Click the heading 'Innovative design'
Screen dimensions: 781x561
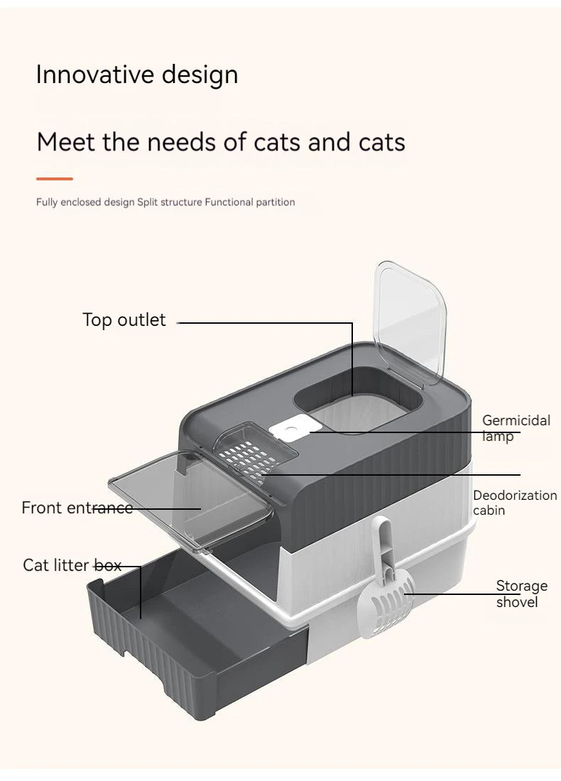(137, 75)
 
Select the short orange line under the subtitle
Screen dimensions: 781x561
(55, 179)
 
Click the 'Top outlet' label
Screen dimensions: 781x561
(124, 320)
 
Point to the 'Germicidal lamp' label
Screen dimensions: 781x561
(516, 428)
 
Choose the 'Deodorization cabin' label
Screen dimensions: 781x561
(514, 503)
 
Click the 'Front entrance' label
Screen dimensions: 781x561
(77, 508)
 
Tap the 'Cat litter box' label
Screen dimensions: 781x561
(72, 565)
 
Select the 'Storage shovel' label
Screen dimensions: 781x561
(521, 594)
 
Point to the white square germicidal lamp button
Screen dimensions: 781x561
(289, 430)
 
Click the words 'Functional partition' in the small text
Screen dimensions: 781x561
(250, 202)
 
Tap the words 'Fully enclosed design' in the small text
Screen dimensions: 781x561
(85, 202)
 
